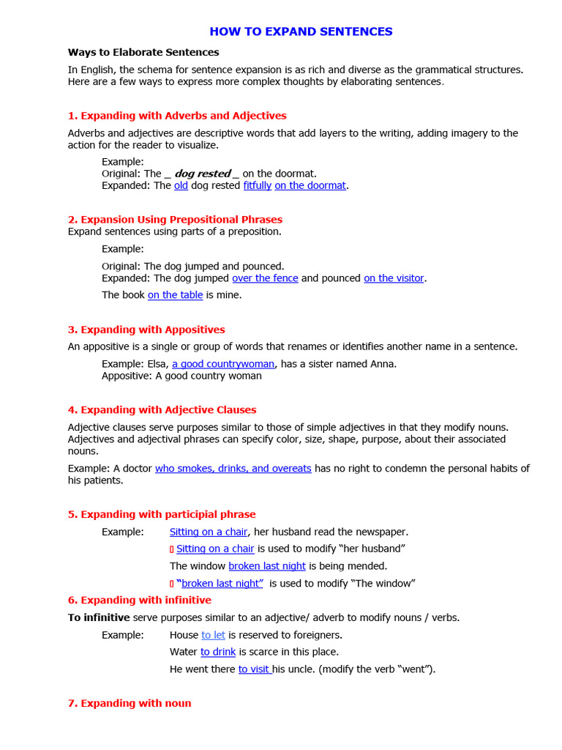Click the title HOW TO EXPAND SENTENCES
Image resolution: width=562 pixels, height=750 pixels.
pos(301,31)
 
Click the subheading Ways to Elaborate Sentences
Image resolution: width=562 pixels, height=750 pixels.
pos(143,52)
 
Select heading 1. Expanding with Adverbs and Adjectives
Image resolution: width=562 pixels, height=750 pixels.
pos(177,116)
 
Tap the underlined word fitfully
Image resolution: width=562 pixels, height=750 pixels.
pos(258,185)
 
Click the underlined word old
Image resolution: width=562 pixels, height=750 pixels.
pos(181,185)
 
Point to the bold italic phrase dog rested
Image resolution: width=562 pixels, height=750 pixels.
pos(202,174)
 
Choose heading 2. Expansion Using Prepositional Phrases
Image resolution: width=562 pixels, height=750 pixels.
pos(175,220)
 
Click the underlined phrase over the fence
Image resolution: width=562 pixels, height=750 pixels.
pos(265,278)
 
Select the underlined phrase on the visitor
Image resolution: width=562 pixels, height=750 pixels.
pos(394,278)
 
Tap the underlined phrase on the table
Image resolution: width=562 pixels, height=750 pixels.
pos(175,295)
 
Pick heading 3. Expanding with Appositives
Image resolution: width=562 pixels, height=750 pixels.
pos(146,330)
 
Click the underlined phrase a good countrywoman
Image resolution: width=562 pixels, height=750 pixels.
pos(223,364)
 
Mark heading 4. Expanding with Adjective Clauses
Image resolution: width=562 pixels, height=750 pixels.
pos(162,410)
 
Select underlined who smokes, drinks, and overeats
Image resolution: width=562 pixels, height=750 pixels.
pos(233,469)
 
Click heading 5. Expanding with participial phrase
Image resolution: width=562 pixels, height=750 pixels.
pos(162,514)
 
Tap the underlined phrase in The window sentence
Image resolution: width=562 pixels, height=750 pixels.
pos(267,566)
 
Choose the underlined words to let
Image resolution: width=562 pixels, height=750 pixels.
pos(213,635)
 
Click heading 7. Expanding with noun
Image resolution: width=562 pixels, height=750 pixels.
pos(130,703)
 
